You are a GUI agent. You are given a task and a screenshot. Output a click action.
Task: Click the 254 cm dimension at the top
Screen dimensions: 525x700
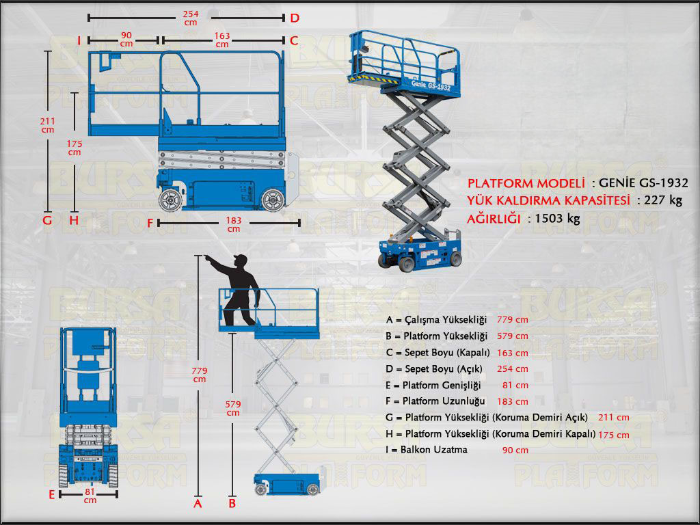coord(191,18)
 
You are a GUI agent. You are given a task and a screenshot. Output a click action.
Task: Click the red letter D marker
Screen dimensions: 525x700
coord(294,18)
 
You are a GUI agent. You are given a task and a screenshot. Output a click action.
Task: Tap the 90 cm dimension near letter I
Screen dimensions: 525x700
coord(126,40)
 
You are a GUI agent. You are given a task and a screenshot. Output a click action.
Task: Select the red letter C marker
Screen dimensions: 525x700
coord(294,40)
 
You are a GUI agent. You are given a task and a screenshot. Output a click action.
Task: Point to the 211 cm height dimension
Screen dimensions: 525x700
coord(47,125)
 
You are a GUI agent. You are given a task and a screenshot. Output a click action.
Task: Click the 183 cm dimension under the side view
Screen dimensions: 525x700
coord(234,224)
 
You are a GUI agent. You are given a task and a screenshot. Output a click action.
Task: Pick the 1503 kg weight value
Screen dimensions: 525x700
coord(558,219)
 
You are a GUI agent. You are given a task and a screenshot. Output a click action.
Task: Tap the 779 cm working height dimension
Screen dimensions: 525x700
coord(199,375)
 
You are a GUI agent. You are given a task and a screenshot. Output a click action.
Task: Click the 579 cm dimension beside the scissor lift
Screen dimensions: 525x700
coord(233,407)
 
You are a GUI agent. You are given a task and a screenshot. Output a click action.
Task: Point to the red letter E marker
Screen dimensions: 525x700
coord(51,494)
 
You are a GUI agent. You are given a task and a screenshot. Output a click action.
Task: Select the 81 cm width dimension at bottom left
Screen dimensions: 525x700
coord(90,496)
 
